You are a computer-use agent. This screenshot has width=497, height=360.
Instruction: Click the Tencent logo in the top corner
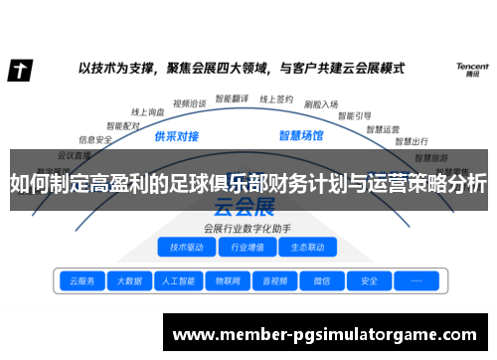tap(471, 71)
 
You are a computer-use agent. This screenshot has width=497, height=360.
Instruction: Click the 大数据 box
tap(129, 281)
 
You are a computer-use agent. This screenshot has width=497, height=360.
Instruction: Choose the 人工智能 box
tap(178, 281)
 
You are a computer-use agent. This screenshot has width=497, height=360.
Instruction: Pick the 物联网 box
tap(227, 281)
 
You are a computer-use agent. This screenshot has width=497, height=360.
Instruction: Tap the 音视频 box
tap(274, 281)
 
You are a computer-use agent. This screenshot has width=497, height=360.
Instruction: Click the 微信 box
tap(322, 281)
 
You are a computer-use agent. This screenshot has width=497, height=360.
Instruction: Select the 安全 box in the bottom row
tap(369, 281)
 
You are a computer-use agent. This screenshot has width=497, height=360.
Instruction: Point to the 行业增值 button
tap(247, 247)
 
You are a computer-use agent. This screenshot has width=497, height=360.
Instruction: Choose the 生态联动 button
tap(306, 247)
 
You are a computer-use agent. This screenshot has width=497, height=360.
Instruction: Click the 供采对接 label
tap(177, 136)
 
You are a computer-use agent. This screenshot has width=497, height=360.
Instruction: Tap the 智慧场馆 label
tap(299, 136)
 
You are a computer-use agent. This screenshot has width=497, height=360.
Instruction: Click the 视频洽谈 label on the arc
tap(189, 101)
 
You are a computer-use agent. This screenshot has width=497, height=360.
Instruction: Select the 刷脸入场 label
tap(320, 103)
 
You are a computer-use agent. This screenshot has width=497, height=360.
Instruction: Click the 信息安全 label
tap(95, 140)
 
